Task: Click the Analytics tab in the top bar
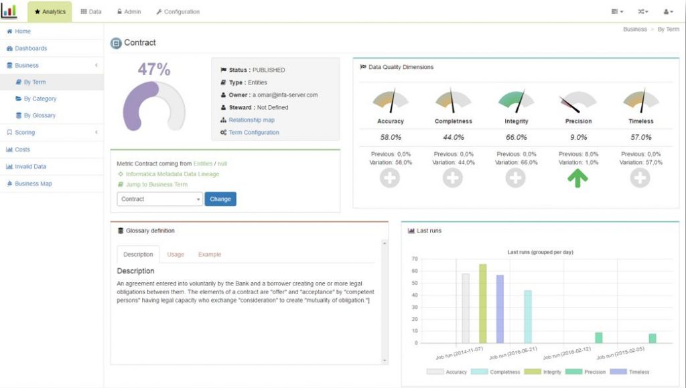tap(50, 11)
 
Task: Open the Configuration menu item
tap(178, 11)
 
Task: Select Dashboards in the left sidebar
tap(31, 48)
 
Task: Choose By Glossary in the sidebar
tap(40, 115)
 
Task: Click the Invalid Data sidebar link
tap(30, 166)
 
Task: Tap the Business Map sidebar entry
tap(33, 183)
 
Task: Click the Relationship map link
tap(251, 120)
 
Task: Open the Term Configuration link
tap(253, 133)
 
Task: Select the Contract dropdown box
tap(159, 199)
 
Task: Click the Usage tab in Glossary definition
tap(176, 255)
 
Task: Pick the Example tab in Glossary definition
tap(209, 255)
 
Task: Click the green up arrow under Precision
tap(577, 178)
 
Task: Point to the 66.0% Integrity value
tap(516, 137)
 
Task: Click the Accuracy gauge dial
tap(391, 101)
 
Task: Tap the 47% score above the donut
tap(154, 70)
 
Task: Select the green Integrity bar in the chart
tap(482, 303)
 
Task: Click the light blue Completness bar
tap(528, 316)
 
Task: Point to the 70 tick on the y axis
tap(415, 259)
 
